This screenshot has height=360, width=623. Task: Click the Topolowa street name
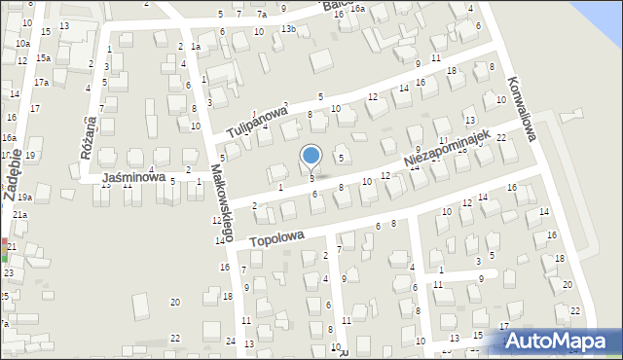tap(277, 237)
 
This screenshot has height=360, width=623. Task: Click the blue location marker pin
tap(311, 155)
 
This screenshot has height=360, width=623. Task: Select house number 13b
tap(288, 29)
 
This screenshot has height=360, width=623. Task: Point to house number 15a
tap(44, 58)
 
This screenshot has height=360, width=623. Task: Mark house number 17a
tap(41, 83)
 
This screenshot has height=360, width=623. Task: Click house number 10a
tap(22, 44)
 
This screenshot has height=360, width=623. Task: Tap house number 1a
tap(196, 47)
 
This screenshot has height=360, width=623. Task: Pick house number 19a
tap(24, 198)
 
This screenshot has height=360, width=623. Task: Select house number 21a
tap(19, 214)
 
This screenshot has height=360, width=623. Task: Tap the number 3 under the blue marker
tap(311, 178)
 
